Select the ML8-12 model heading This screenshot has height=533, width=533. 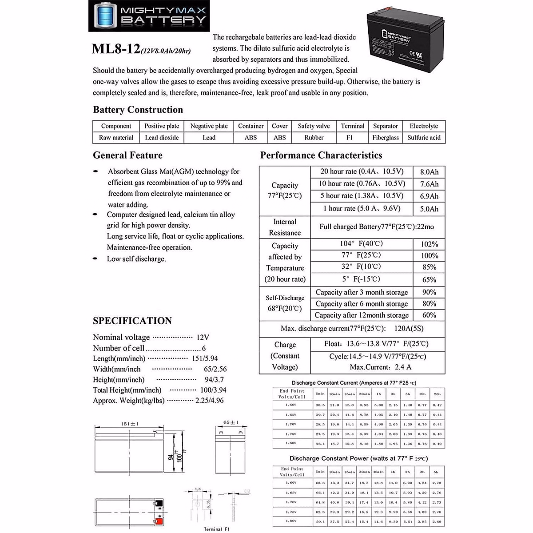[116, 49]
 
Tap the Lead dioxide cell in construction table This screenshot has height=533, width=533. [162, 138]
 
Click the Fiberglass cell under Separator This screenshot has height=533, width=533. [386, 138]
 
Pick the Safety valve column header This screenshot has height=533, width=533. [314, 126]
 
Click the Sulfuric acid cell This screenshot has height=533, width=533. [424, 138]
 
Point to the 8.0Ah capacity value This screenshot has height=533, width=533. [429, 172]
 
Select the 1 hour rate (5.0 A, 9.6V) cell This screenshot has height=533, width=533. [362, 208]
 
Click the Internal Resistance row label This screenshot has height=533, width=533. [285, 227]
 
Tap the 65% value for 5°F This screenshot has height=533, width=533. [429, 279]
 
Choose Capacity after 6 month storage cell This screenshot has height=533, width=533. [362, 304]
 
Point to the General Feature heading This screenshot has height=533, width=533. [127, 155]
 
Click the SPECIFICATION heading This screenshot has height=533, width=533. [132, 321]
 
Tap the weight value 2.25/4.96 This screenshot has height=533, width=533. [209, 401]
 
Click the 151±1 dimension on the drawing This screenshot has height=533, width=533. [130, 424]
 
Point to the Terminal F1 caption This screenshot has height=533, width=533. [217, 529]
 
